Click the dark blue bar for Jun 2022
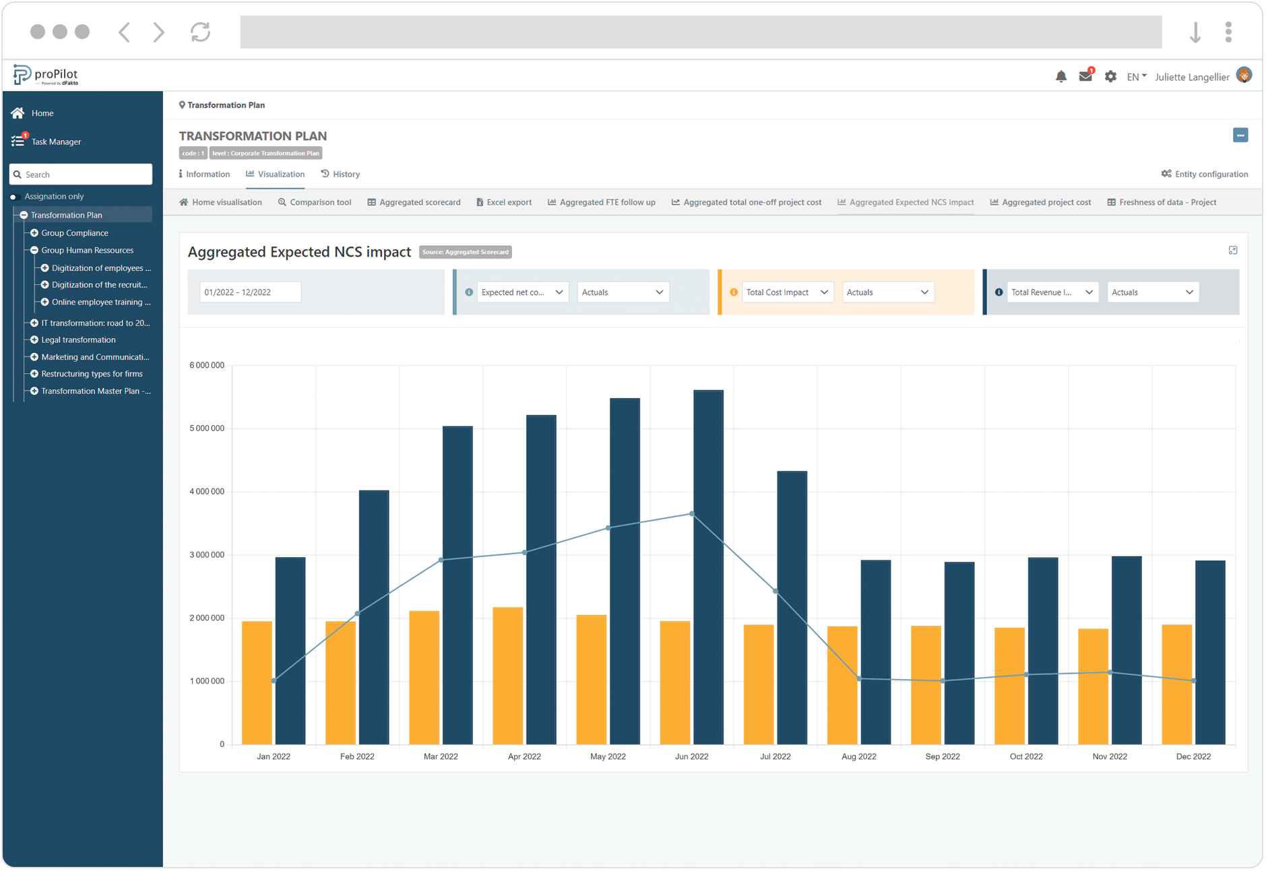[x=708, y=567]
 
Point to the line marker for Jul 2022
[x=776, y=591]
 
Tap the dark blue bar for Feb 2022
[x=374, y=616]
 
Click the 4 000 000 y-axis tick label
[x=207, y=492]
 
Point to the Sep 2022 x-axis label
[x=942, y=756]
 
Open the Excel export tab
[x=504, y=202]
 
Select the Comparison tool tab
[x=315, y=202]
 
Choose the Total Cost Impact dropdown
[x=787, y=292]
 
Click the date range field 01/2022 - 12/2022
[x=250, y=292]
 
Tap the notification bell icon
[x=1061, y=77]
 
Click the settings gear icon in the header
[x=1110, y=77]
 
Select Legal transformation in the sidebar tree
[x=78, y=340]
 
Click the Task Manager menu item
[x=56, y=141]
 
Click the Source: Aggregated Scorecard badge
[x=465, y=252]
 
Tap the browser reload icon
[x=200, y=32]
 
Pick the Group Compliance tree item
[x=74, y=233]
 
